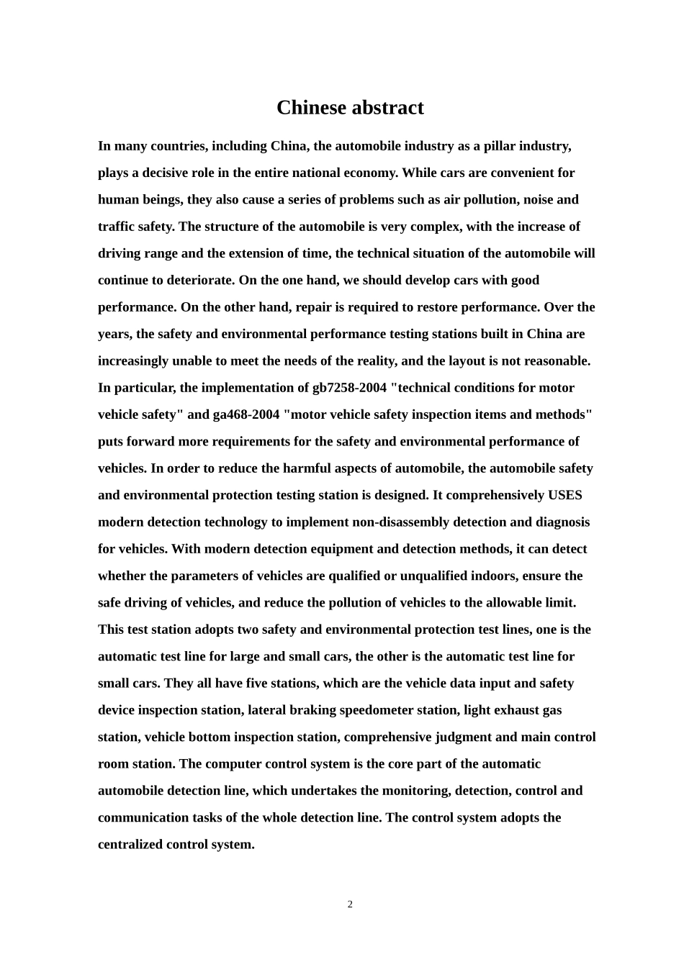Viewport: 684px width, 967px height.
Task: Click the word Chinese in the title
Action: [x=311, y=108]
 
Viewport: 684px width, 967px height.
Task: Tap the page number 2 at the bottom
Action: [x=350, y=904]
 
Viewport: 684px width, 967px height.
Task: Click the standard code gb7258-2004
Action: [x=348, y=388]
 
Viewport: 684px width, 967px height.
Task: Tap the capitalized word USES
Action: [x=564, y=496]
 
